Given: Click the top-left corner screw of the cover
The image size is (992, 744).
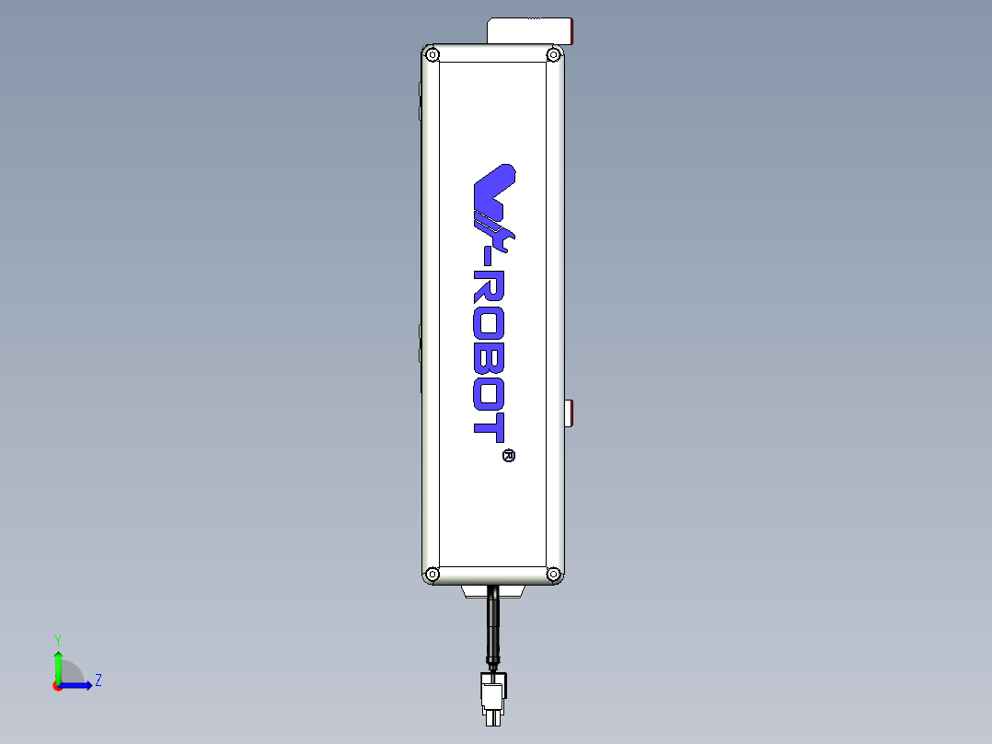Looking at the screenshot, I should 433,54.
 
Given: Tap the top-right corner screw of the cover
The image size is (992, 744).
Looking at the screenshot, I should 553,54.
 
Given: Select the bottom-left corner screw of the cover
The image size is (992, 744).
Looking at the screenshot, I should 433,574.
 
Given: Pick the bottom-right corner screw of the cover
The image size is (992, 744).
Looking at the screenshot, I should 553,574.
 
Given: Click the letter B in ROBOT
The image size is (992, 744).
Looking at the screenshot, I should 489,357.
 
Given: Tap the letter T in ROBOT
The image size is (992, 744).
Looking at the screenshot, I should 489,425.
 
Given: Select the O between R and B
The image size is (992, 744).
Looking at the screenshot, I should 489,322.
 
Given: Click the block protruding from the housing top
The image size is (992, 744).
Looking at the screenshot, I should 529,30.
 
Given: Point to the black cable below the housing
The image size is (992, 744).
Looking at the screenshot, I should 494,626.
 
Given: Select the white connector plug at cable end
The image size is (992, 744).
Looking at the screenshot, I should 492,697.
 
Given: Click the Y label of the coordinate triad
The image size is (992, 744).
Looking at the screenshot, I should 57,639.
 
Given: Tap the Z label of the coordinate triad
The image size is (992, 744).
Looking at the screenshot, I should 98,680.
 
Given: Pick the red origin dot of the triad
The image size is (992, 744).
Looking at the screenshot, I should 57,686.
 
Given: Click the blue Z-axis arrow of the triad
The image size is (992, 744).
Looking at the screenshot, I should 81,685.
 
